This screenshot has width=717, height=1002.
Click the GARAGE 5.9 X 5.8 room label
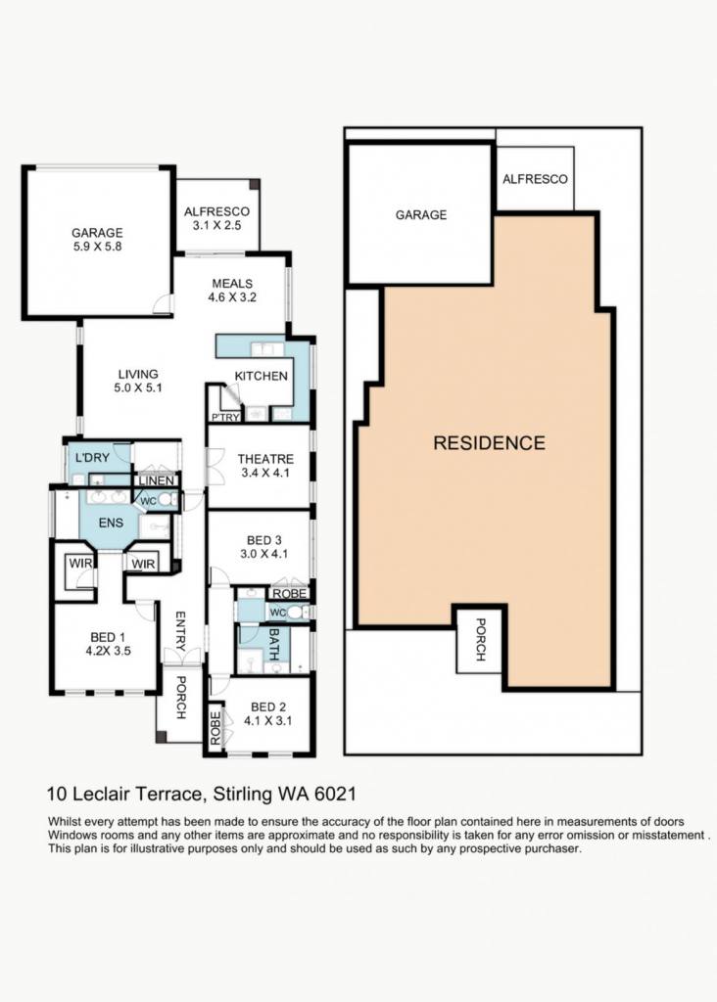(x=97, y=240)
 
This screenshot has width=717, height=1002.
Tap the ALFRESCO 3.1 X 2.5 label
(x=216, y=218)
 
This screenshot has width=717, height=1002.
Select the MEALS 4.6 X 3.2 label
(x=232, y=290)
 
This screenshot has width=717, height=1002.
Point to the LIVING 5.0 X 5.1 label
(x=138, y=381)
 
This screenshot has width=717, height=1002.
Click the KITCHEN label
(x=261, y=376)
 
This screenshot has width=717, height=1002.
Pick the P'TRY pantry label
(x=226, y=417)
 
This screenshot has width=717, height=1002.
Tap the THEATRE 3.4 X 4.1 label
(x=265, y=466)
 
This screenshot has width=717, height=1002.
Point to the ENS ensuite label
(x=111, y=523)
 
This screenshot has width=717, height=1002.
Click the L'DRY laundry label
(x=93, y=458)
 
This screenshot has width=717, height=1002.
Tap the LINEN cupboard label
(x=156, y=480)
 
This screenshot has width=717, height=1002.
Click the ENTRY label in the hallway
(x=180, y=631)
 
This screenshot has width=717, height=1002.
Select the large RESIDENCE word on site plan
(x=490, y=443)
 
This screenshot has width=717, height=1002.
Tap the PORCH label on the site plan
(x=481, y=639)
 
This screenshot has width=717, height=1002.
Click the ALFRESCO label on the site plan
(x=535, y=180)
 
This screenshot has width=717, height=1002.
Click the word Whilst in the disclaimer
(x=63, y=822)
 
